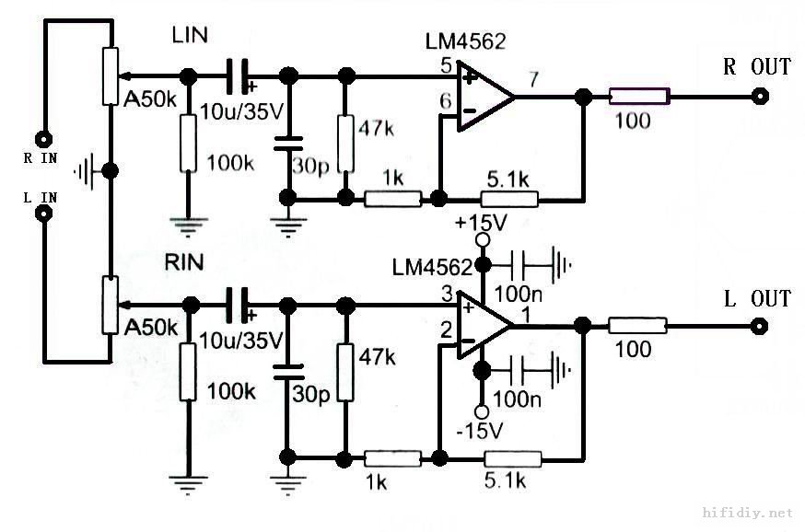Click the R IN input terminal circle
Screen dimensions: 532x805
point(42,139)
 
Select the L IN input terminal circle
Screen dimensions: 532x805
point(42,214)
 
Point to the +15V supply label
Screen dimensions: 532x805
point(480,223)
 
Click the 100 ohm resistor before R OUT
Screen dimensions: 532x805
point(637,95)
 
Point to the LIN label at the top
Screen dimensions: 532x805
point(191,36)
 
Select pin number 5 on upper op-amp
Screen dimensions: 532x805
point(446,65)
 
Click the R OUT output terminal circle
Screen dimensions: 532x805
point(760,95)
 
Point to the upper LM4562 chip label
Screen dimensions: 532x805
point(465,41)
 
